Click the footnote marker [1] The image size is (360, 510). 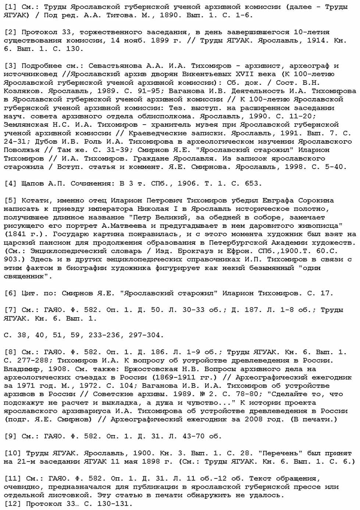[x=11, y=7]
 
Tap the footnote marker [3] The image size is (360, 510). [x=11, y=66]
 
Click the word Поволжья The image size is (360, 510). [x=22, y=150]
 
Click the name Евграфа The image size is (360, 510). [x=278, y=201]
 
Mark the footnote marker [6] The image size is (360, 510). [x=11, y=293]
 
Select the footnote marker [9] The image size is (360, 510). [x=11, y=436]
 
